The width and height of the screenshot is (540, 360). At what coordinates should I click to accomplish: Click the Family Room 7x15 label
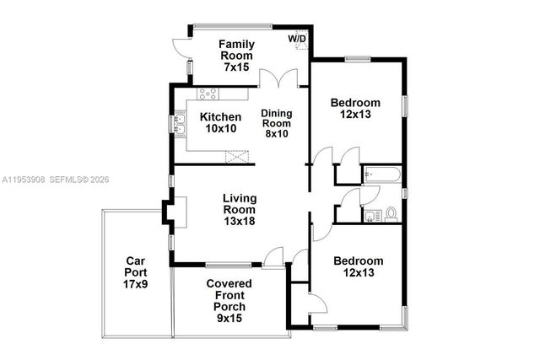[237, 55]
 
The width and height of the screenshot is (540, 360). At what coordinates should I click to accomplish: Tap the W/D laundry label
[297, 39]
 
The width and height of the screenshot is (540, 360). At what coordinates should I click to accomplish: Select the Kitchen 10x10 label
[222, 122]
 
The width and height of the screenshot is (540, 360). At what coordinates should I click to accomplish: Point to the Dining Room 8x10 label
[275, 123]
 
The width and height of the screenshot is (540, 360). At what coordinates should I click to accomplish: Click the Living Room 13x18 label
[239, 210]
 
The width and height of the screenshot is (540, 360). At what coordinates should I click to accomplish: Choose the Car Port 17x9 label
[137, 273]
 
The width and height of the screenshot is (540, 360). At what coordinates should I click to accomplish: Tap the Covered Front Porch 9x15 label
[229, 295]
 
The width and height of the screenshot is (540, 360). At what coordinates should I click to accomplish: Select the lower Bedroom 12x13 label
[358, 267]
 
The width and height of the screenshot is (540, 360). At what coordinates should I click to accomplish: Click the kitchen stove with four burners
[209, 94]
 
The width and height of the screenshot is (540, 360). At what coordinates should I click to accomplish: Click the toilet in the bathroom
[391, 214]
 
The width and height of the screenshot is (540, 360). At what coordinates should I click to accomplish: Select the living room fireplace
[177, 213]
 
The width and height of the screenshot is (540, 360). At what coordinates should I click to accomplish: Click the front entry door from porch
[273, 258]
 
